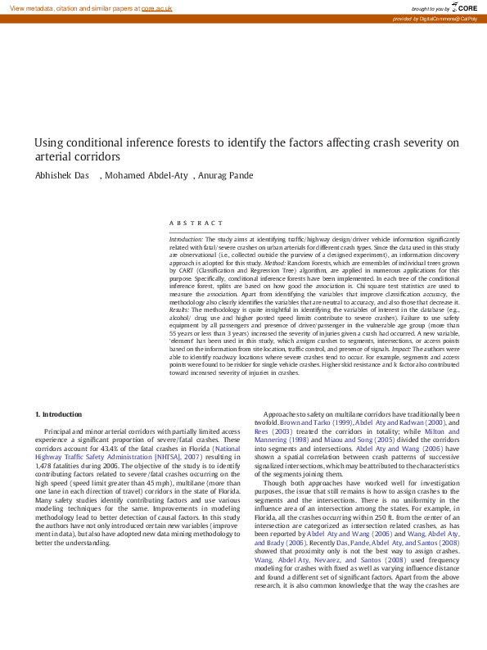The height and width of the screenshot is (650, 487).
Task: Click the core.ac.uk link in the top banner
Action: [158, 7]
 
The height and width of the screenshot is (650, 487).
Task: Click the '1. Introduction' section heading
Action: [59, 415]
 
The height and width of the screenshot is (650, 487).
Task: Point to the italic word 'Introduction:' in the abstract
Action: [186, 237]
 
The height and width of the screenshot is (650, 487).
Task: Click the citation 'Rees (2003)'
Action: [274, 431]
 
